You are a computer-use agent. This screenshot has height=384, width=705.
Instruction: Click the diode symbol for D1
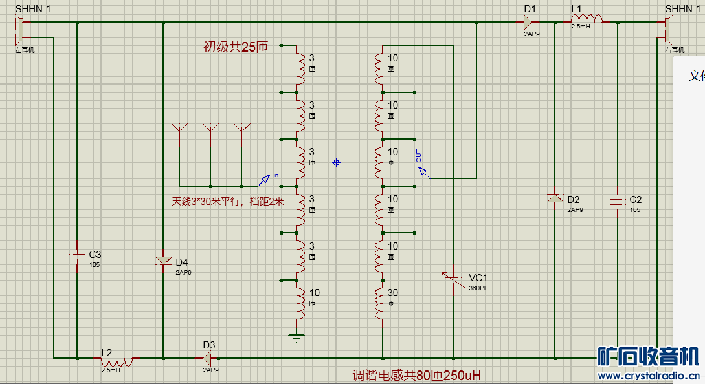[528, 22]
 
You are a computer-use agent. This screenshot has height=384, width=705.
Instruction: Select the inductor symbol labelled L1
[587, 20]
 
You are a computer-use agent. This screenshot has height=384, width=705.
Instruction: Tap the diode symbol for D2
[555, 198]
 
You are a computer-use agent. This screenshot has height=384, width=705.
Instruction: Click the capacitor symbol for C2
[617, 202]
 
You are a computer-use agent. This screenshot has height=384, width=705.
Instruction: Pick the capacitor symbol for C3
[77, 256]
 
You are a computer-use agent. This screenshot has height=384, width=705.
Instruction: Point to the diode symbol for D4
[163, 261]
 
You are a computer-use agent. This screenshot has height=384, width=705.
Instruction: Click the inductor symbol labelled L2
[117, 359]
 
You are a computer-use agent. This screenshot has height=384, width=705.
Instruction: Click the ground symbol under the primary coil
[297, 337]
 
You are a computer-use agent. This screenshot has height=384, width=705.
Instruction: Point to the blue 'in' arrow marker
[265, 178]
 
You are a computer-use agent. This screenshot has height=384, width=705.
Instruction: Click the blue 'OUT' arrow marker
[423, 171]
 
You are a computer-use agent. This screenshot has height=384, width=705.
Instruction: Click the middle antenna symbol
[210, 129]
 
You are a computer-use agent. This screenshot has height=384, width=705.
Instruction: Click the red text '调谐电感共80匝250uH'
[416, 375]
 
